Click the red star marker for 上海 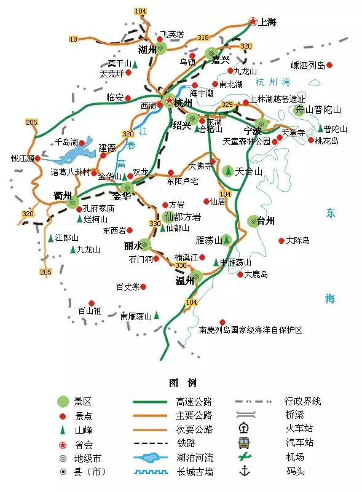pyautogui.click(x=253, y=22)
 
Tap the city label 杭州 pyautogui.click(x=183, y=103)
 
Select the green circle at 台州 pyautogui.click(x=253, y=221)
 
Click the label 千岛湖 pyautogui.click(x=66, y=142)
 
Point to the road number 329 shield pyautogui.click(x=227, y=104)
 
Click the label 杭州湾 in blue pyautogui.click(x=273, y=83)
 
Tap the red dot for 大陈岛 pyautogui.click(x=281, y=241)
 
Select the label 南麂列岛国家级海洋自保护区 pyautogui.click(x=251, y=330)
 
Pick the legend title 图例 pyautogui.click(x=183, y=383)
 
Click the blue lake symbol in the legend pyautogui.click(x=152, y=458)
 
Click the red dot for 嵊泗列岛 pyautogui.click(x=329, y=64)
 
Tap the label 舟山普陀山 pyautogui.click(x=318, y=111)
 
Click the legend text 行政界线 pyautogui.click(x=302, y=402)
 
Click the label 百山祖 pyautogui.click(x=90, y=311)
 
